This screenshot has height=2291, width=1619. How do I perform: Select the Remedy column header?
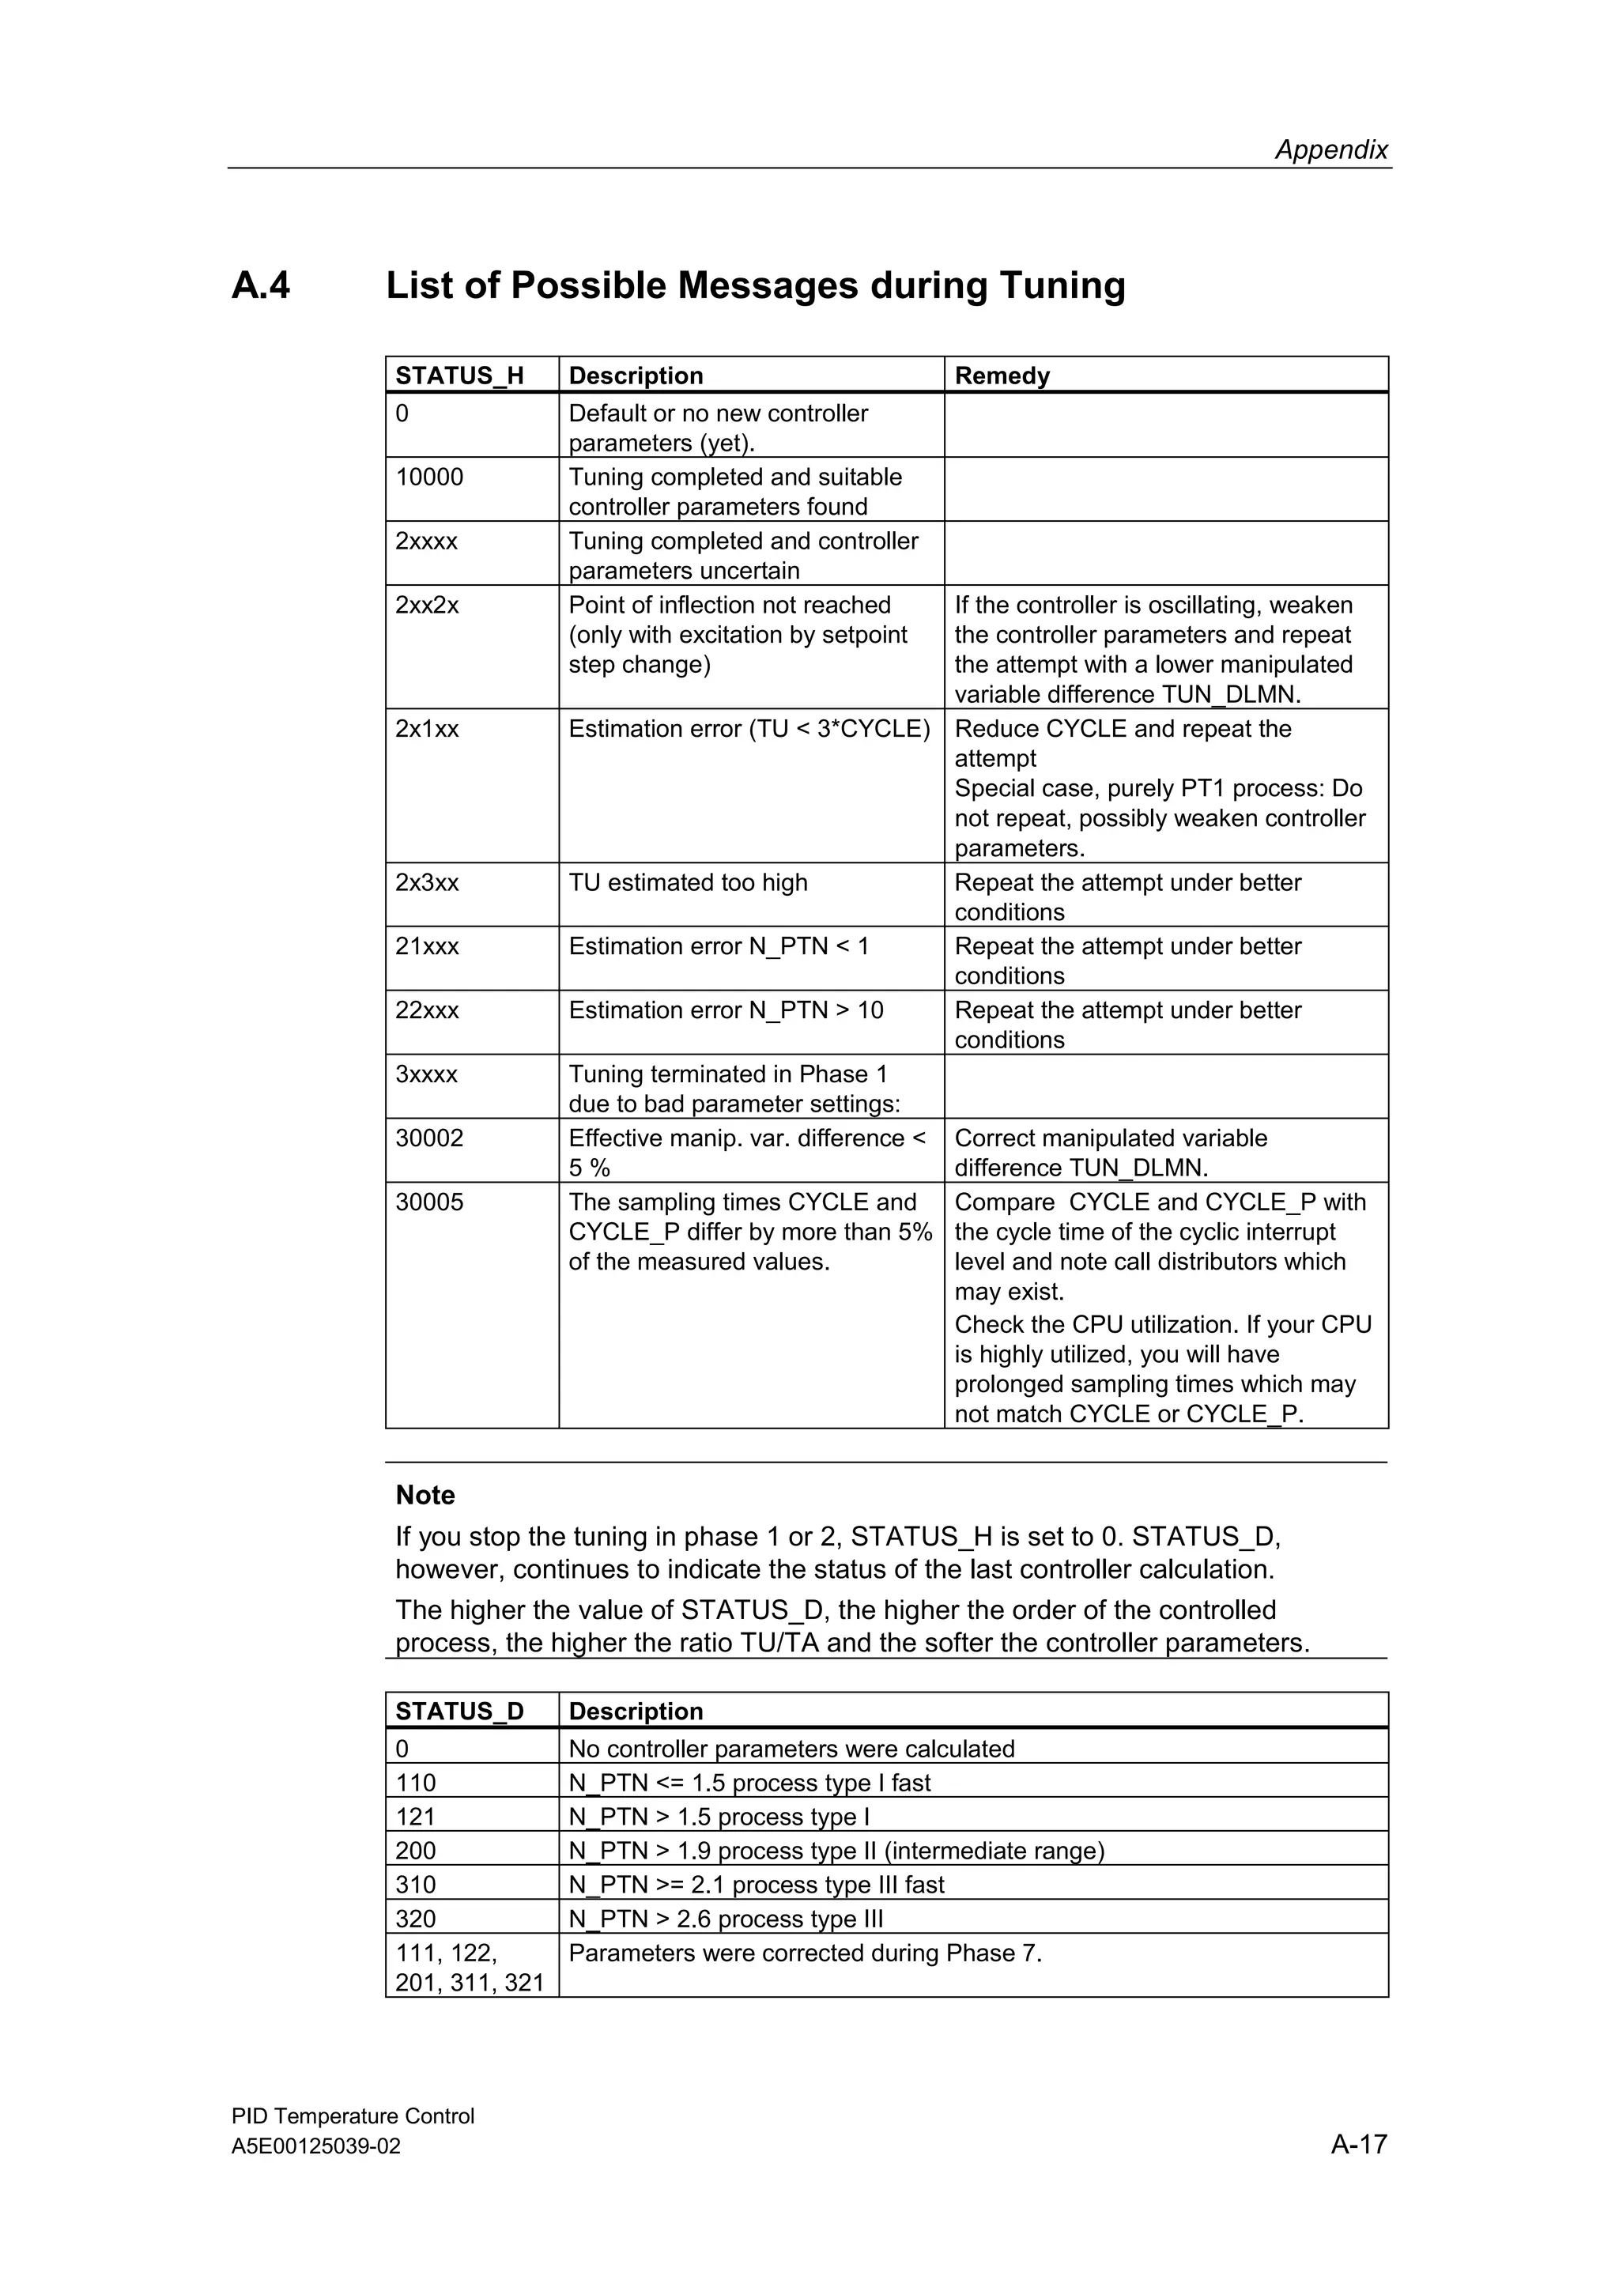click(x=1002, y=376)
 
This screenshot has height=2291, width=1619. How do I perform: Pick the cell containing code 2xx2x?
click(x=427, y=606)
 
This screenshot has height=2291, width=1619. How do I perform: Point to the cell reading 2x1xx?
click(x=427, y=730)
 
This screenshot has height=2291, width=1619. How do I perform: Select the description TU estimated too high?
click(x=687, y=883)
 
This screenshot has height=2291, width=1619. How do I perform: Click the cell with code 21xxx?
click(x=427, y=947)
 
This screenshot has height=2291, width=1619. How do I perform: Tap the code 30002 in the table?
click(x=429, y=1138)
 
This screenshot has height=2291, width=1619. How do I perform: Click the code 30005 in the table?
click(x=429, y=1202)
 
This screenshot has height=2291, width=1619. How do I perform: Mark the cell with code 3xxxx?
click(x=426, y=1074)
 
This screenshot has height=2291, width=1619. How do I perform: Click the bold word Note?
click(x=425, y=1495)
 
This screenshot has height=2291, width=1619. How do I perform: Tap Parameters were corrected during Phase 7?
click(x=804, y=1953)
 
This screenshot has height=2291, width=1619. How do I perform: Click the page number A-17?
click(x=1357, y=2143)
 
